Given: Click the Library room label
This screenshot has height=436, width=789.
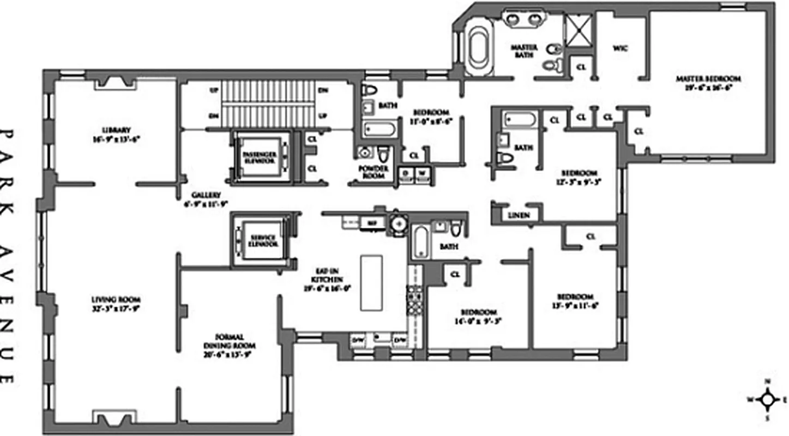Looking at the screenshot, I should click(x=116, y=134).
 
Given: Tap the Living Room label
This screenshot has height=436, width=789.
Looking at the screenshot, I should click(x=116, y=304).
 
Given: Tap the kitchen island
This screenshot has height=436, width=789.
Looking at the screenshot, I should click(x=372, y=283).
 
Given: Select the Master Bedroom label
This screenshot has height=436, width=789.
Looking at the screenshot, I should click(x=708, y=82).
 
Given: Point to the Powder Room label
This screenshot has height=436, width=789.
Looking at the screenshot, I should click(x=374, y=172).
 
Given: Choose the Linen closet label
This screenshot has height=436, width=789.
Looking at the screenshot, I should click(x=519, y=215).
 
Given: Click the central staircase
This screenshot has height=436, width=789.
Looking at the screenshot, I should click(x=268, y=104).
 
